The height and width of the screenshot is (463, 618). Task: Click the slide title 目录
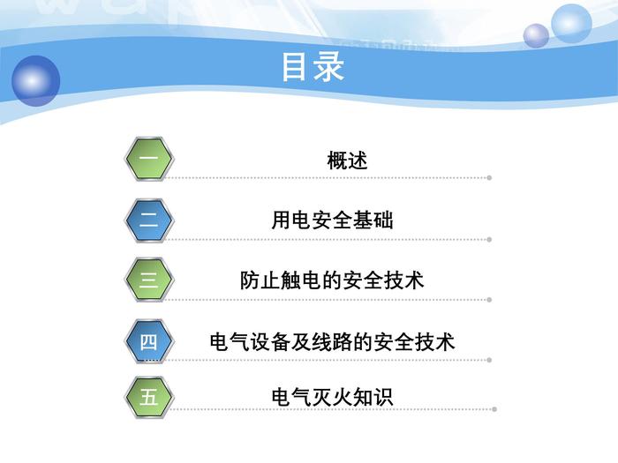[313, 67]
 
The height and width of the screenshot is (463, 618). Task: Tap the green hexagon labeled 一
[149, 159]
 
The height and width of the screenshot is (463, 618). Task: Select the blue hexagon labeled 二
[149, 220]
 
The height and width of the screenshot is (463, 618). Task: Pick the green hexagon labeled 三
[149, 280]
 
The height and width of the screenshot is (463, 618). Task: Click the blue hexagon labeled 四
[149, 341]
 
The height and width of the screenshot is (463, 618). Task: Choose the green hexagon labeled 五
[149, 397]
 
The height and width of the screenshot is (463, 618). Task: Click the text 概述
[347, 161]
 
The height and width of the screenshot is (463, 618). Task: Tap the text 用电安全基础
[332, 220]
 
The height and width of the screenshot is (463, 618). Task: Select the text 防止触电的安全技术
[332, 280]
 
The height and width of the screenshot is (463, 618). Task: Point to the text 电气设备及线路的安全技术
[332, 341]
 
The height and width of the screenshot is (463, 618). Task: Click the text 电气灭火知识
[332, 397]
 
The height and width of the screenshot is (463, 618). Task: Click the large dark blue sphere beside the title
[35, 81]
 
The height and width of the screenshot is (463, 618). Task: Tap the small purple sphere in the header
[536, 36]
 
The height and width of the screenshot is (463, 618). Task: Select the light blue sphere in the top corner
[571, 23]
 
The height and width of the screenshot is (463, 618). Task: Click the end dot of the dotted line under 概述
[489, 178]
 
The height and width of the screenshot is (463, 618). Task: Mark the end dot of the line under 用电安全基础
[489, 239]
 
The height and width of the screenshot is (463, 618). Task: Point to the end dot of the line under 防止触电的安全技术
[489, 300]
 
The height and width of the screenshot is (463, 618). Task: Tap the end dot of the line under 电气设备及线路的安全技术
[489, 360]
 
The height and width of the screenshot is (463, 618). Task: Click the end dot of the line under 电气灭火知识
[494, 409]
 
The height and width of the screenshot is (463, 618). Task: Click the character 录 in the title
[328, 67]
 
